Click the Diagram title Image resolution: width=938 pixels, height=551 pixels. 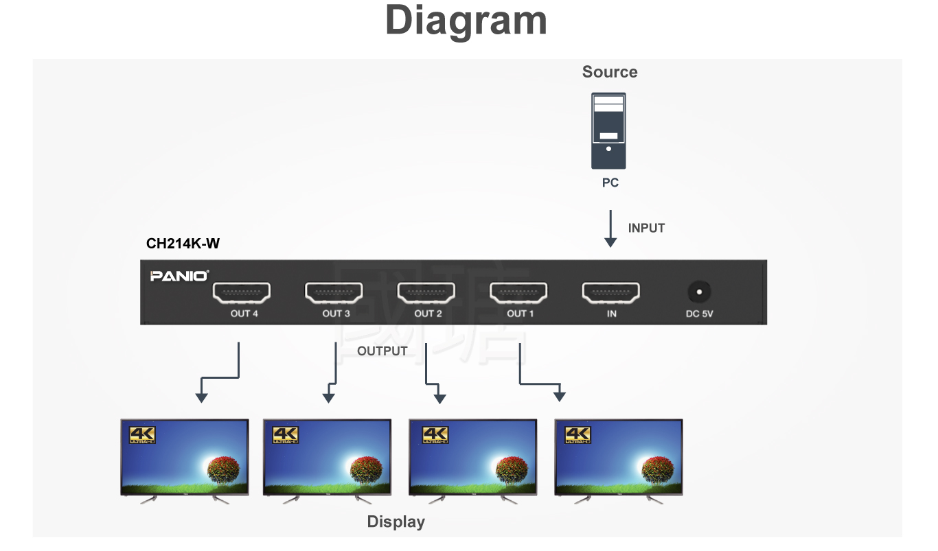click(x=466, y=21)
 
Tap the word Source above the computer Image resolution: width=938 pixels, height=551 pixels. click(x=609, y=72)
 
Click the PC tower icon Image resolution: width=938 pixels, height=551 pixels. click(x=608, y=132)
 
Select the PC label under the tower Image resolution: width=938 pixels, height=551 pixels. click(x=610, y=183)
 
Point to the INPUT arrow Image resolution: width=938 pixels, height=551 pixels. click(x=610, y=229)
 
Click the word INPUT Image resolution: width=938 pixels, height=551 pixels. click(x=646, y=228)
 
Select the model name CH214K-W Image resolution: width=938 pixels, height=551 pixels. click(x=183, y=244)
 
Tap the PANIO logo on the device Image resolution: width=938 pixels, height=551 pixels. click(x=179, y=276)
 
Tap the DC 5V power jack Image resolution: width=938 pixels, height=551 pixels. click(x=699, y=293)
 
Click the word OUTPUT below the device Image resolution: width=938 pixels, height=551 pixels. click(x=382, y=351)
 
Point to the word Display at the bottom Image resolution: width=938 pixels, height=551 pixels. click(x=396, y=521)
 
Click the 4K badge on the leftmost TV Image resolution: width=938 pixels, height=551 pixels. click(x=143, y=434)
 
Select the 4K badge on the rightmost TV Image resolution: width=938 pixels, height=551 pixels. click(x=577, y=434)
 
